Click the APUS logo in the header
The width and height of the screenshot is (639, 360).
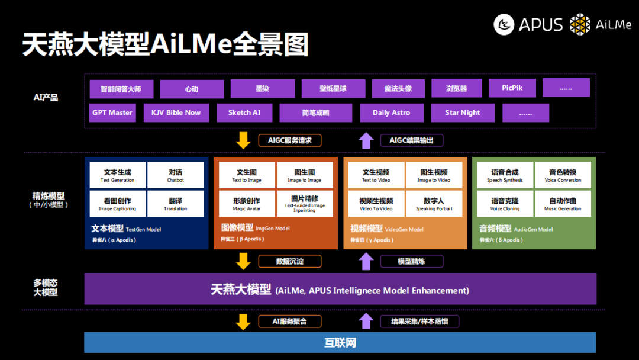point(528,24)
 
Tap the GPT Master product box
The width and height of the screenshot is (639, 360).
point(112,112)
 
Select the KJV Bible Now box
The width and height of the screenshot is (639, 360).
point(176,112)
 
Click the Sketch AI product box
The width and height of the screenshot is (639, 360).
point(244,112)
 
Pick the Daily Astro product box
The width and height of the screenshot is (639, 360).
point(390,112)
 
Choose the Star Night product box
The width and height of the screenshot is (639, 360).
point(462,112)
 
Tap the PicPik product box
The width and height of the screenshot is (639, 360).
point(512,88)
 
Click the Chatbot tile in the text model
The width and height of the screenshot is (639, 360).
point(175,175)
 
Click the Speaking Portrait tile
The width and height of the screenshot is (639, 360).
point(434,204)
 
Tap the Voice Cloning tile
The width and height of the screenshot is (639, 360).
point(505,204)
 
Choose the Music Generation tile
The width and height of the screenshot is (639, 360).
point(563,204)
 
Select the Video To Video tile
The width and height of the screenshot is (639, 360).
point(376,204)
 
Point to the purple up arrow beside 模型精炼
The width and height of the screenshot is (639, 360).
point(366,261)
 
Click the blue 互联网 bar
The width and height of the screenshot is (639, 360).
point(340,343)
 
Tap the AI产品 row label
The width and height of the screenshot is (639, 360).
point(46,97)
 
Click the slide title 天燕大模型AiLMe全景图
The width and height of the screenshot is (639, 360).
point(166,45)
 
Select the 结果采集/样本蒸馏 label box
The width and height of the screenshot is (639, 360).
point(419,322)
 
